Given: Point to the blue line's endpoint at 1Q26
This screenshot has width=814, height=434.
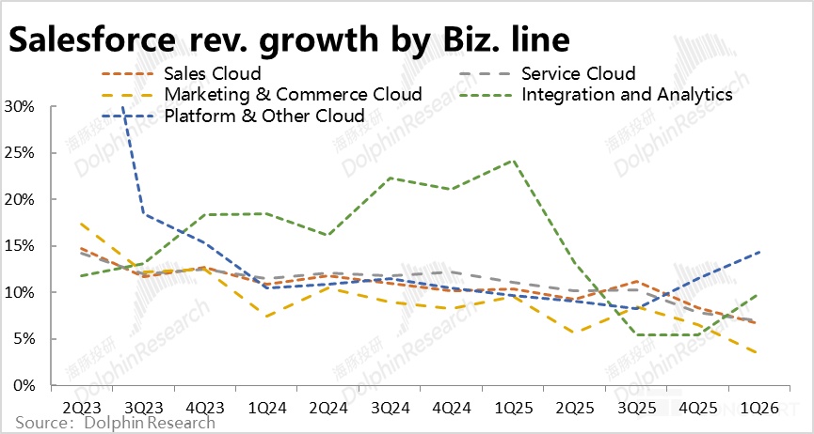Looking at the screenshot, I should [x=758, y=252].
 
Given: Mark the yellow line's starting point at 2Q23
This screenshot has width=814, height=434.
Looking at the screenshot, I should [x=84, y=224].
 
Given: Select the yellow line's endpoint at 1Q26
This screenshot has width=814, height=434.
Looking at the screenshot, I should [x=758, y=353].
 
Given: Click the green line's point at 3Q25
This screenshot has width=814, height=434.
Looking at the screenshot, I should [x=636, y=334].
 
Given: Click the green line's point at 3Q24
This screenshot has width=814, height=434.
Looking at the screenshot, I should [x=391, y=178].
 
